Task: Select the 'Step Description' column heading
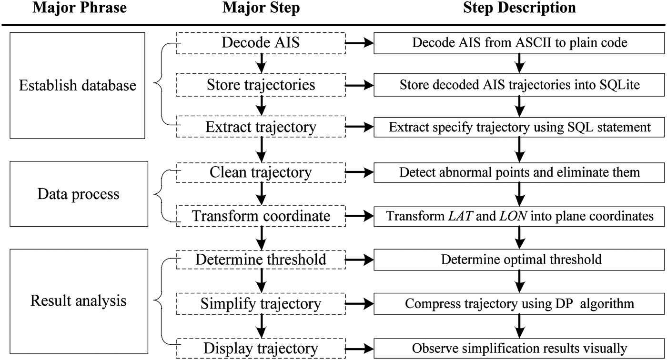point(519,8)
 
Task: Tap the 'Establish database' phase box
point(78,86)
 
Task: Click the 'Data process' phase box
point(78,194)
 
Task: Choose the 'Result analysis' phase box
point(78,301)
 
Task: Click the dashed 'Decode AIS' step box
point(261,43)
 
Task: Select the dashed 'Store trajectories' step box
point(261,85)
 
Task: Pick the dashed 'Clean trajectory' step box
point(261,172)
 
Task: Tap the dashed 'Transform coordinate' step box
point(261,216)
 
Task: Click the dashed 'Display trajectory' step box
point(261,348)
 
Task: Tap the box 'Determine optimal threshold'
point(520,260)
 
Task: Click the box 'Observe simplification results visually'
point(520,348)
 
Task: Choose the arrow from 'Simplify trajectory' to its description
point(360,303)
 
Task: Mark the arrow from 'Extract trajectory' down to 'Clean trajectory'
point(261,150)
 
